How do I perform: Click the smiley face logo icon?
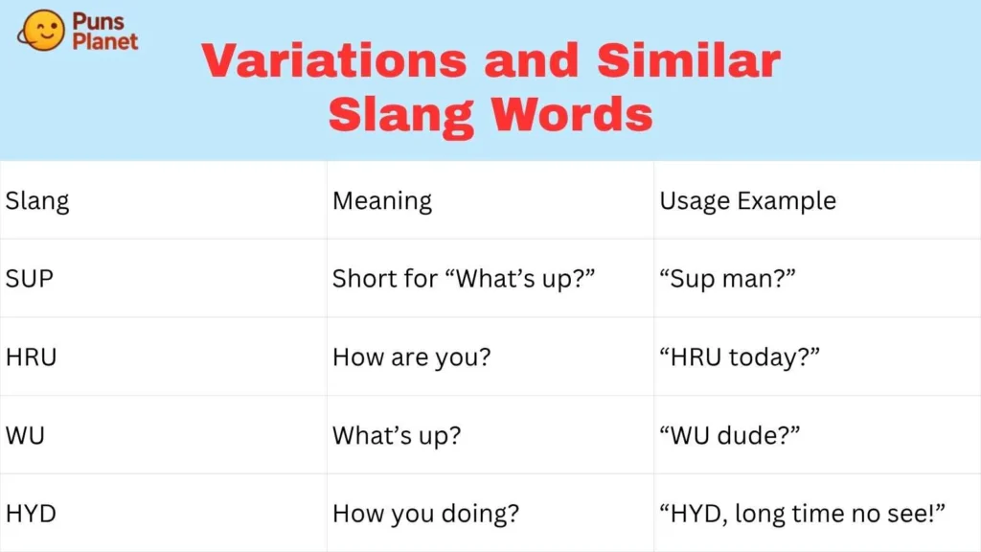pos(41,30)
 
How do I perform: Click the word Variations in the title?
pos(334,61)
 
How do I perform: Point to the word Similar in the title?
pos(688,61)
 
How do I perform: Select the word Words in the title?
pos(571,115)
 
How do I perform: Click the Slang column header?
pos(37,201)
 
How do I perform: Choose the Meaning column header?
pos(382,201)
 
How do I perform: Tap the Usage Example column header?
pos(747,201)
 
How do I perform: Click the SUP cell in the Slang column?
pos(29,279)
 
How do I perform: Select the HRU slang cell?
pos(32,357)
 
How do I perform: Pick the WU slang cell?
pos(25,435)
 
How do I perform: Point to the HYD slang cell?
pos(31,514)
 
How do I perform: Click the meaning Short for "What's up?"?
pos(464,279)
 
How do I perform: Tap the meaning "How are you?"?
pos(411,357)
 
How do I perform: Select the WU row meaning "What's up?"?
pos(397,435)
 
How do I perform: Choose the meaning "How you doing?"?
pos(425,514)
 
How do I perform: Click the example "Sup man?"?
pos(728,279)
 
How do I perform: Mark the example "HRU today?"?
pos(740,357)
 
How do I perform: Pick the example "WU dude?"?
pos(729,435)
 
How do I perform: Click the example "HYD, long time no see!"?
pos(803,514)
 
